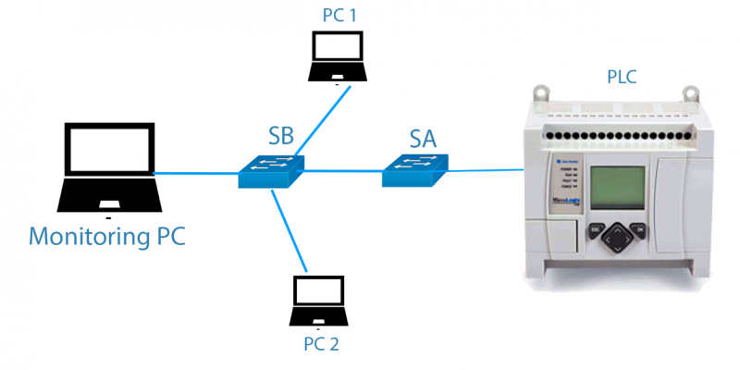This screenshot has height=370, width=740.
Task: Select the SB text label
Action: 281,136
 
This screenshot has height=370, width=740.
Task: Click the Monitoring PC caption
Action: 107,236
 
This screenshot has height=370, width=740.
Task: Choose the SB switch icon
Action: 271,170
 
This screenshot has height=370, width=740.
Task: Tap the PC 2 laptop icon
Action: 317,301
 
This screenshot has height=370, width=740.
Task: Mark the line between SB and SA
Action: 342,170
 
